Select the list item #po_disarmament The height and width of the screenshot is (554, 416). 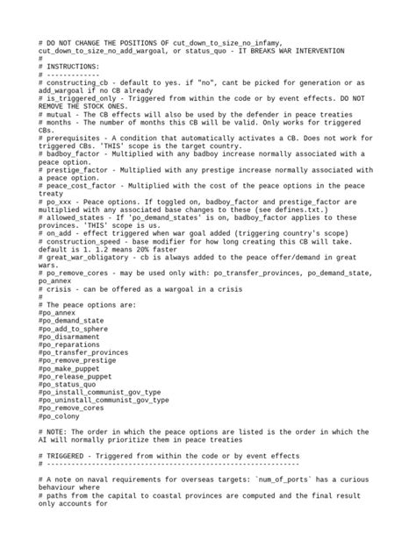click(x=75, y=336)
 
